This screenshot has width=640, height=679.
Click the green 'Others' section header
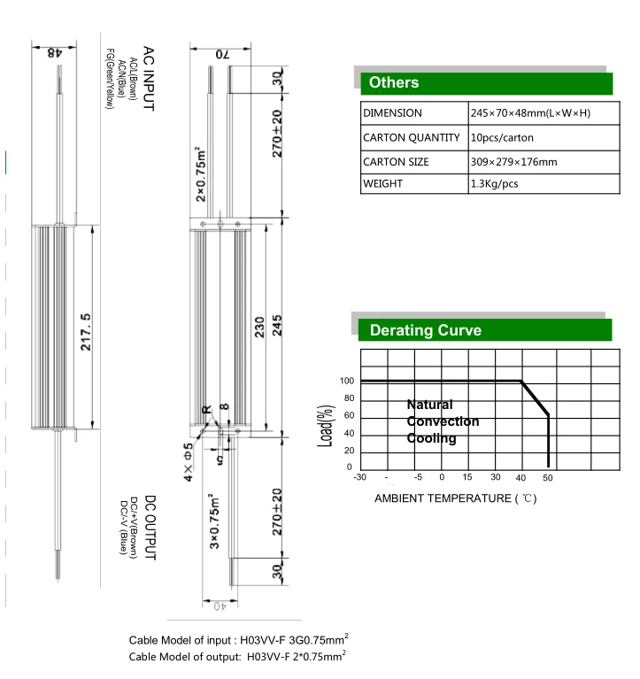pyautogui.click(x=484, y=82)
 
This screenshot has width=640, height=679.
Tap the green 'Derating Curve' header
pyautogui.click(x=484, y=330)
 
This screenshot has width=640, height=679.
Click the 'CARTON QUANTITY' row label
pyautogui.click(x=412, y=138)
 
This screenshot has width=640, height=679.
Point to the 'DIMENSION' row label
pyautogui.click(x=392, y=113)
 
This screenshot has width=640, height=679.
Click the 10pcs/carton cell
pyautogui.click(x=502, y=138)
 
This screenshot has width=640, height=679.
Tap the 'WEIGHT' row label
pyautogui.click(x=383, y=184)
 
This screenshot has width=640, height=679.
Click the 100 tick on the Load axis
pyautogui.click(x=347, y=382)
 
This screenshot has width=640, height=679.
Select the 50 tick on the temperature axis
pyautogui.click(x=548, y=478)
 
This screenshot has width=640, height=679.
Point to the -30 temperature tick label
pyautogui.click(x=359, y=478)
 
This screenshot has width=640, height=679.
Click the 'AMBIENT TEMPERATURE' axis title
pyautogui.click(x=455, y=498)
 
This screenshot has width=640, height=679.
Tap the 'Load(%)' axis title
pyautogui.click(x=325, y=424)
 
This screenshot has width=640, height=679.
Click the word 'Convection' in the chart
pyautogui.click(x=443, y=421)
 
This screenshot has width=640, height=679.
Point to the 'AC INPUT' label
pyautogui.click(x=148, y=79)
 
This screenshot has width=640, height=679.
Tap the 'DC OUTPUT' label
pyautogui.click(x=149, y=528)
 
